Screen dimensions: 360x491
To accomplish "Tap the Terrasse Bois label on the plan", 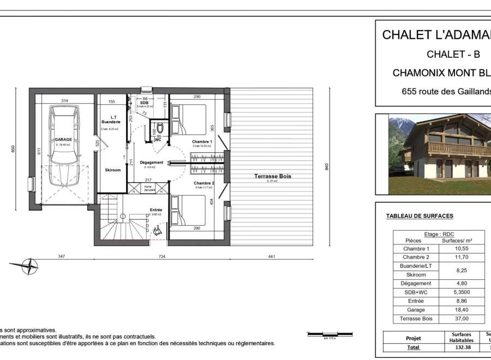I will pyautogui.click(x=273, y=176).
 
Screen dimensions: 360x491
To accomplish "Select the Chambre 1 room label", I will pyautogui.click(x=201, y=142).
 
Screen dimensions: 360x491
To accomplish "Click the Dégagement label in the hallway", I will pyautogui.click(x=151, y=163).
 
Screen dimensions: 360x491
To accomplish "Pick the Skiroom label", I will pyautogui.click(x=112, y=170).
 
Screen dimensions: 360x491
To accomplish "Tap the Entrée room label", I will pyautogui.click(x=156, y=210).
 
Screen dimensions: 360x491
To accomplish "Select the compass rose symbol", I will pyautogui.click(x=29, y=267).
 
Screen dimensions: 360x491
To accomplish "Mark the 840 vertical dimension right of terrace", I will pyautogui.click(x=327, y=167).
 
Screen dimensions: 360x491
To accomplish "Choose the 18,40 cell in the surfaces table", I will pyautogui.click(x=462, y=310).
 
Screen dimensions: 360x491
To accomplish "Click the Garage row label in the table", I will pyautogui.click(x=416, y=310).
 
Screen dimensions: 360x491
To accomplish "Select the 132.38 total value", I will pyautogui.click(x=462, y=347).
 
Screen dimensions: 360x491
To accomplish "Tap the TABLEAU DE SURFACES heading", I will pyautogui.click(x=419, y=216).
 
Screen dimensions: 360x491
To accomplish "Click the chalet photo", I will pyautogui.click(x=439, y=154).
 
